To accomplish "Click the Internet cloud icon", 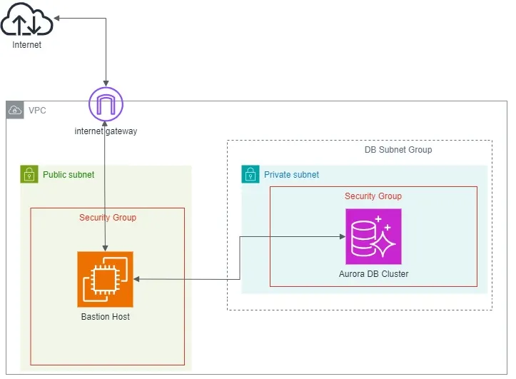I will point(26,20).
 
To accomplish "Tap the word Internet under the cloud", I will point(27,45).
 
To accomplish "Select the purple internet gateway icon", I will point(106,105).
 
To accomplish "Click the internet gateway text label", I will point(106,131).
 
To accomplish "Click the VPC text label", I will point(37,111).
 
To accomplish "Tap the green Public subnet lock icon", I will point(29,174).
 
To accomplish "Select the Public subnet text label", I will point(69,175).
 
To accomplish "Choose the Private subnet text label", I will point(291,175).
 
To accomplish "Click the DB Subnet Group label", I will point(398,150).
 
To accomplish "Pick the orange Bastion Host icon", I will point(106,279).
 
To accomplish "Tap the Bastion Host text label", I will point(106,316).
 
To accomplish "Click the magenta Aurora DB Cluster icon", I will point(373,236).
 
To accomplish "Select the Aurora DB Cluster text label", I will point(373,273).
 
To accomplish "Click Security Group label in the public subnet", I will point(108,218).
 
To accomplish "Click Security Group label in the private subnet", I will point(373,196).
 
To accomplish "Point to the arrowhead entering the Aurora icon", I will point(341,236).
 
